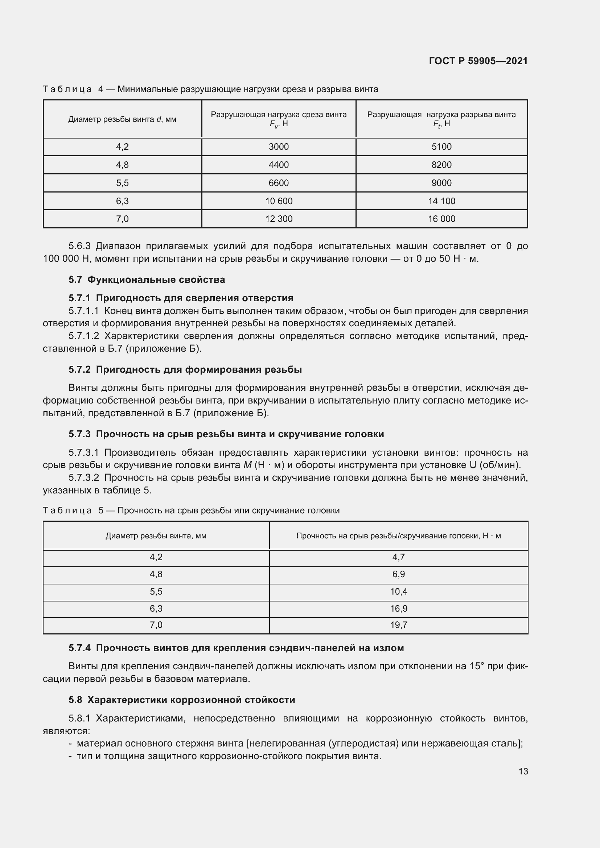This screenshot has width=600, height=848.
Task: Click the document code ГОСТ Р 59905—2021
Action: click(x=478, y=61)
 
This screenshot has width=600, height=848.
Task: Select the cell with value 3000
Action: click(x=279, y=146)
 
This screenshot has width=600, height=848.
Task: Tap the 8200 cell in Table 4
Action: click(x=441, y=165)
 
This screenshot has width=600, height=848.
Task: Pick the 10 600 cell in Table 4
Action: click(x=279, y=201)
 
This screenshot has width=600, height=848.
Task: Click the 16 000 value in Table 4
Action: click(x=441, y=219)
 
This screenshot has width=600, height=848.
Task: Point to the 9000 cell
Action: click(x=441, y=183)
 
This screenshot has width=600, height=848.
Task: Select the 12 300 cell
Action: click(x=279, y=219)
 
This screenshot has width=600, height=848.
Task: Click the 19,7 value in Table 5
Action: click(x=398, y=625)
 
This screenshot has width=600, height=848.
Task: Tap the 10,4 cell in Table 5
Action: click(x=398, y=591)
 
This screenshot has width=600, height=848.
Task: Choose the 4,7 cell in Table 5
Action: click(x=398, y=557)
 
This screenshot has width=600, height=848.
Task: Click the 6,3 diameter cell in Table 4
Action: click(x=122, y=201)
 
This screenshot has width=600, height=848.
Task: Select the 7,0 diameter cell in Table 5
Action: click(x=156, y=625)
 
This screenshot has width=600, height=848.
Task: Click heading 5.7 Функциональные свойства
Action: click(x=147, y=280)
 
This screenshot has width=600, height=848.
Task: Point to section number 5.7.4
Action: click(x=79, y=648)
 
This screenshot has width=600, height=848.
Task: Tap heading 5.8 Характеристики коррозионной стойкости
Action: click(x=182, y=699)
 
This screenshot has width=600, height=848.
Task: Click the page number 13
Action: click(x=523, y=771)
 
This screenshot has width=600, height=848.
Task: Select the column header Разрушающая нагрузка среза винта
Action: click(x=279, y=115)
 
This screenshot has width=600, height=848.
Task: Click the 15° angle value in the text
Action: click(x=477, y=666)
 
